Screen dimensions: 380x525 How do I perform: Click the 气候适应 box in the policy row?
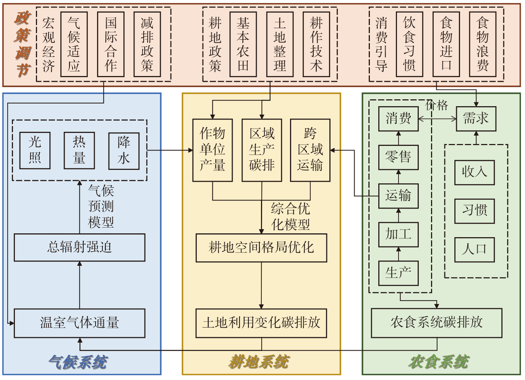74,44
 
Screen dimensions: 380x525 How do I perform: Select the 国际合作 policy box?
110,44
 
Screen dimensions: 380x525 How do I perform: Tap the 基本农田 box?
243,44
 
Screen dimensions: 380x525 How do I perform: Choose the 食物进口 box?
446,44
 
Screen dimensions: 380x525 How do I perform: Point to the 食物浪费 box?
483,44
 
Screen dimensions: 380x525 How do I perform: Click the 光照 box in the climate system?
35,150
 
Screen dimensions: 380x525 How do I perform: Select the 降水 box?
123,150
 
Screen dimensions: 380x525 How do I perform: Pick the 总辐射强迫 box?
79,247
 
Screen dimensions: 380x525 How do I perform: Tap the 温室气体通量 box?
79,323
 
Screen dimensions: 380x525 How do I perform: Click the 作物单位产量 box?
212,150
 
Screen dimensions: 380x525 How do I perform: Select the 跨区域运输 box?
310,150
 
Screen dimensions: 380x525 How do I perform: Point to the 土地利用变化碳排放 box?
261,323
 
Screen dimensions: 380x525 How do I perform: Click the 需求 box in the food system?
476,119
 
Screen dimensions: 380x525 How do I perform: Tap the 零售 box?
398,157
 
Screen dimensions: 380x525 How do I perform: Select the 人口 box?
474,250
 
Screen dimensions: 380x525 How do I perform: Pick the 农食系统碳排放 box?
436,323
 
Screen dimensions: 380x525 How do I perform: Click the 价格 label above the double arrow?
437,105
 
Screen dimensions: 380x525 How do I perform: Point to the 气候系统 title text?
78,362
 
